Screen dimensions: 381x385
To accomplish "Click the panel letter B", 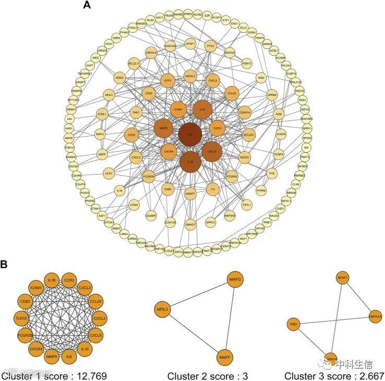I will [x=4, y=264].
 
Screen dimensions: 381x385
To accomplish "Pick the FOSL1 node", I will [x=102, y=114].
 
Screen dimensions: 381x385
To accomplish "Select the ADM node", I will [x=279, y=114].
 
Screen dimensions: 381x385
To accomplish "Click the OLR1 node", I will [x=109, y=173].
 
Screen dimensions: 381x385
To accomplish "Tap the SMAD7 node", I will [x=190, y=224].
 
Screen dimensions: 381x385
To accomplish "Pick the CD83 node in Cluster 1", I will [x=25, y=301].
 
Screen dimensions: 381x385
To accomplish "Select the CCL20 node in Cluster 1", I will [x=95, y=301].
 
